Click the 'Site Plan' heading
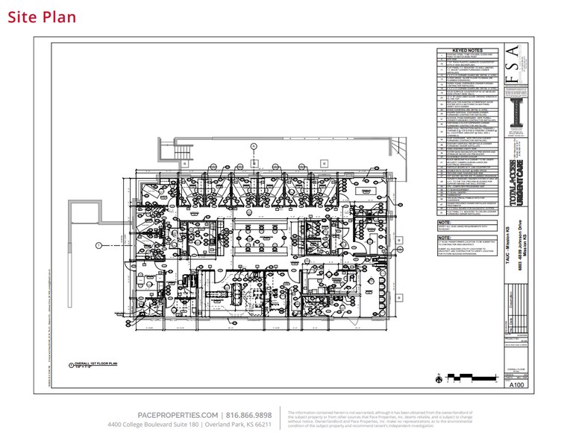tap(42, 16)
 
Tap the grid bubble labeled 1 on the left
tap(98, 244)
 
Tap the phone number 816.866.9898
tap(248, 415)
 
